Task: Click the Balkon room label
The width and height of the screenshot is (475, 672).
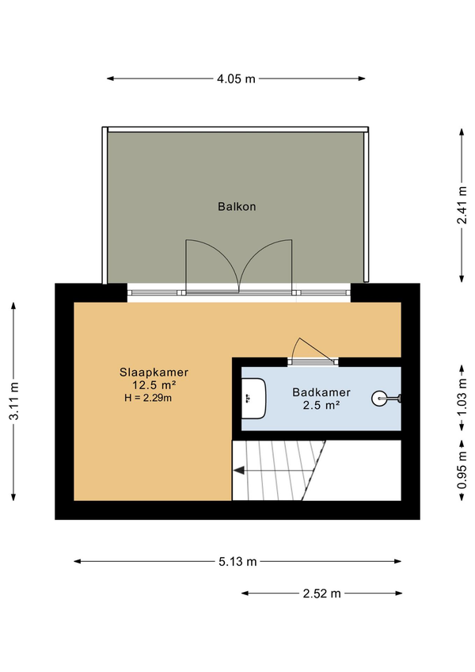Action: coord(237,207)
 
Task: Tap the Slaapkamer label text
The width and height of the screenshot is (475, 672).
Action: coord(154,372)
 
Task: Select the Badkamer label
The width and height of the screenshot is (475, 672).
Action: coord(321,392)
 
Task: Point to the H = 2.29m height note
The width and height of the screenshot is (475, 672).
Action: coord(148,398)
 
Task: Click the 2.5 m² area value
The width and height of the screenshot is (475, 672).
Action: coord(321,405)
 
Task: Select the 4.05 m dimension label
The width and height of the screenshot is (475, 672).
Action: coord(236,79)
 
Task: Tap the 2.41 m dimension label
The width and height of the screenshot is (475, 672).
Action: coord(462,205)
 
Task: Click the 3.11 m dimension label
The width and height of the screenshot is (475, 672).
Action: coord(13,401)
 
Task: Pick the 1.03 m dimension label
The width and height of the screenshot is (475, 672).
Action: coord(462,397)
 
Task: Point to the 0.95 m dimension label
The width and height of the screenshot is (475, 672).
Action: coord(462,470)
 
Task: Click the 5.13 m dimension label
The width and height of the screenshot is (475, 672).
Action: coord(237,561)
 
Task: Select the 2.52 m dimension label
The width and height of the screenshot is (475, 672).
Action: coord(321,594)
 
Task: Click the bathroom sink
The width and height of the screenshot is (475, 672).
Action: coord(253,399)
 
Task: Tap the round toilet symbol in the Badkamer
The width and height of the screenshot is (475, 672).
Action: coord(379,399)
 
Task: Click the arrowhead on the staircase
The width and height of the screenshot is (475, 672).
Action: coord(238,471)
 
